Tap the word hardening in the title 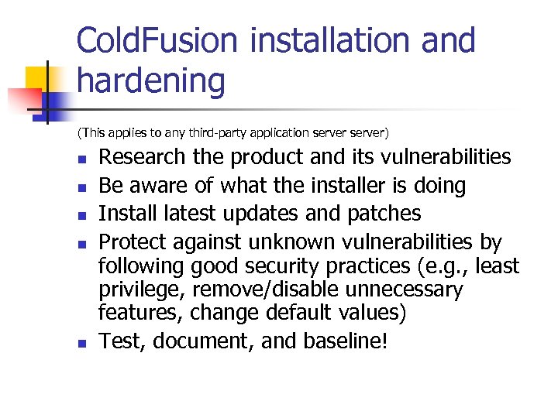[151, 81]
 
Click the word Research [143, 157]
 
